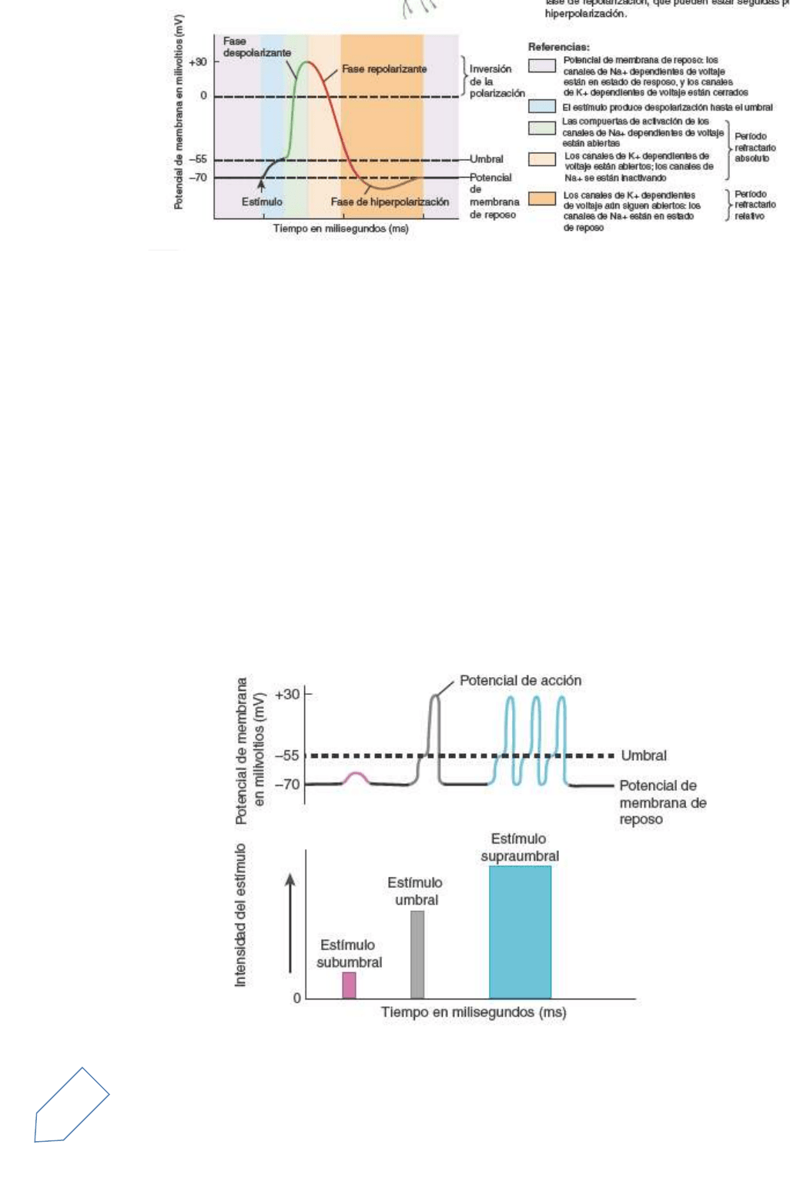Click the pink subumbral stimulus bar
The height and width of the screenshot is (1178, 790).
(349, 985)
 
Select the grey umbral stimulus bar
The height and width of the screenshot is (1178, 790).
(417, 954)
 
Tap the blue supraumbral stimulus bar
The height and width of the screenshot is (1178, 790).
(520, 932)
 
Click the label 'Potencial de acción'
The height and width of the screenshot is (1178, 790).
(520, 680)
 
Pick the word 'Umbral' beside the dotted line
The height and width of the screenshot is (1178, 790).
(644, 756)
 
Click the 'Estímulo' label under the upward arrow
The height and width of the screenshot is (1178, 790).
(262, 202)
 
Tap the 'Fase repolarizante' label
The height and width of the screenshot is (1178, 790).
(384, 69)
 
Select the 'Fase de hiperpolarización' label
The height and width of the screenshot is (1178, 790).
(390, 202)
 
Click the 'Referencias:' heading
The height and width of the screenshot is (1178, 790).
(559, 47)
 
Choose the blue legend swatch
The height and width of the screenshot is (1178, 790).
(542, 107)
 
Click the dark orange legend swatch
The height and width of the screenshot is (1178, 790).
(542, 198)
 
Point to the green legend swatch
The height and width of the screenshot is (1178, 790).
(542, 127)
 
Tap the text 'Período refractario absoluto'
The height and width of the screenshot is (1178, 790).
(755, 147)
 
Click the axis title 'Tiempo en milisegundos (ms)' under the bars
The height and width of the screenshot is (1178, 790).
(474, 1012)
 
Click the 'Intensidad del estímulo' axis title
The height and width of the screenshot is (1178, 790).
(241, 915)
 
